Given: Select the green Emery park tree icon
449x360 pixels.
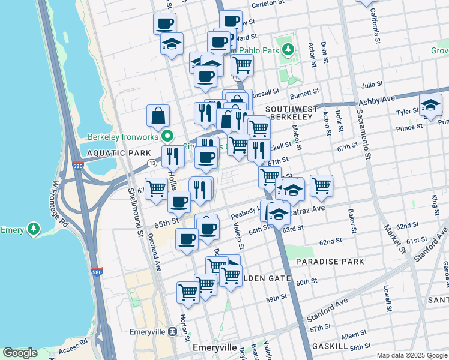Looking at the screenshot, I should tap(34, 229).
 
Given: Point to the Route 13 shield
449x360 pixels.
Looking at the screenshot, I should tap(154, 163).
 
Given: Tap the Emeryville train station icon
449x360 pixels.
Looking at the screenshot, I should tap(172, 331).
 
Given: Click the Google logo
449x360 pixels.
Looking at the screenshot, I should tap(20, 353).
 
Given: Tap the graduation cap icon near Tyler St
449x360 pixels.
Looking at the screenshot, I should tap(430, 106).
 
